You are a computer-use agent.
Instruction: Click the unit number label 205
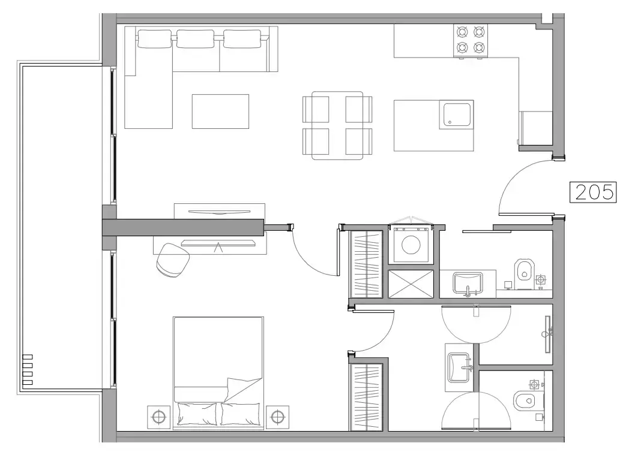point(593,192)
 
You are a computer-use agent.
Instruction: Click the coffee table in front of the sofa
point(220,111)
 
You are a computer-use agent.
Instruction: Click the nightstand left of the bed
point(158,416)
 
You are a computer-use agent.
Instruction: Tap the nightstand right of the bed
point(277,416)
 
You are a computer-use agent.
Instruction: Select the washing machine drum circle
point(411,245)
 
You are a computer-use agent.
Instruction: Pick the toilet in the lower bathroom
point(525,399)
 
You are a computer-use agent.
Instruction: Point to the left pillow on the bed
point(197,414)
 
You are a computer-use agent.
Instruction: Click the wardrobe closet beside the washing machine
point(366,264)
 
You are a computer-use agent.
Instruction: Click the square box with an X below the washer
point(411,283)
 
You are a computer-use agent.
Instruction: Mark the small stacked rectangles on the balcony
point(28,370)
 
